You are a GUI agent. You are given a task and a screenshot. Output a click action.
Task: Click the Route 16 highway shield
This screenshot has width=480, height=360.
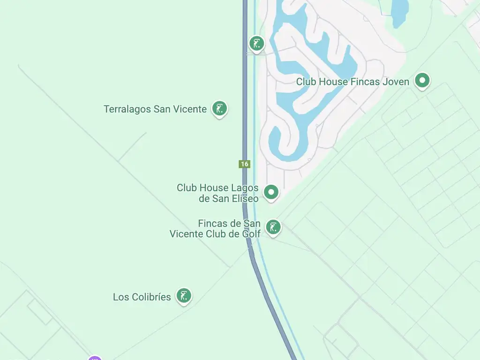(244, 164)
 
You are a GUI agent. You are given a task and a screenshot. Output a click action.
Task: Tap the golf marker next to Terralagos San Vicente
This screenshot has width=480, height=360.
(219, 108)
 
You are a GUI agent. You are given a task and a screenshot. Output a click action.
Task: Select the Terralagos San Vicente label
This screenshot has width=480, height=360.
(155, 109)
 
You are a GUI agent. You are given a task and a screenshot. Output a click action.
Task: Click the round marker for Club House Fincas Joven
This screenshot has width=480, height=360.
(422, 81)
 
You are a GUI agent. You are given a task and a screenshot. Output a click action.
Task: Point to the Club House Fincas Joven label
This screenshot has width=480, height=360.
(352, 82)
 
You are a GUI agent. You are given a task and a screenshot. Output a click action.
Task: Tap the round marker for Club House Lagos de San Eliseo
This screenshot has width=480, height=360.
(271, 192)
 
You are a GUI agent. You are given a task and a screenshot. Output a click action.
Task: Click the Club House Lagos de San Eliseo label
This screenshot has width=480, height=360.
(217, 193)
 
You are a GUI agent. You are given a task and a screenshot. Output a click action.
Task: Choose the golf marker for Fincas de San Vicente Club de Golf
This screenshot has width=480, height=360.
(273, 227)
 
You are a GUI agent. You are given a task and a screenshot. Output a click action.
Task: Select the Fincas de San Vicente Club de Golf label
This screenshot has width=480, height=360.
(215, 229)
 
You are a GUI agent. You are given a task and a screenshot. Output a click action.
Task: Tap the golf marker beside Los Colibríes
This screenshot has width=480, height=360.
(184, 296)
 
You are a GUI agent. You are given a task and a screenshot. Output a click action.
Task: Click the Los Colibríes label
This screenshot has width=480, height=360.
(142, 297)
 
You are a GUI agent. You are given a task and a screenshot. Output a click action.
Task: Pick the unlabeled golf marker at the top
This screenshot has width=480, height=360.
(256, 44)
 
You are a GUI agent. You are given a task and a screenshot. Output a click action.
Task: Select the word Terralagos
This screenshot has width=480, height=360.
(127, 109)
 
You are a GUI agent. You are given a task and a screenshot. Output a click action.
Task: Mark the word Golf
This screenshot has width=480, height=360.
(251, 234)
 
